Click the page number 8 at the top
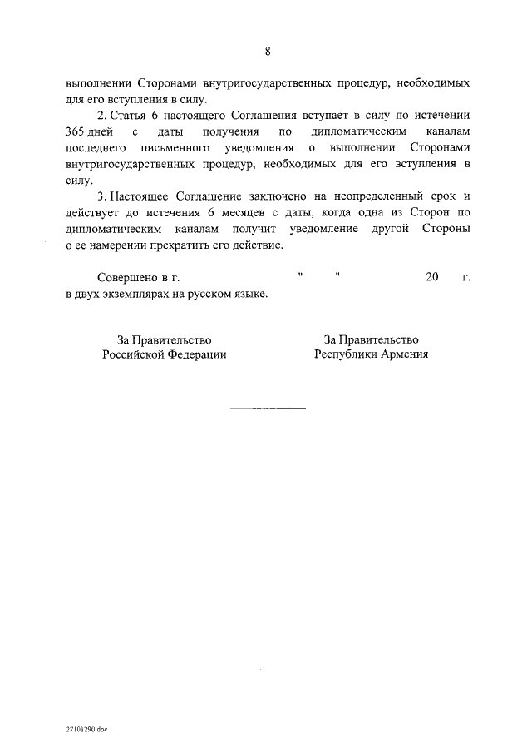click(x=268, y=52)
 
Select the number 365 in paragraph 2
click(x=76, y=132)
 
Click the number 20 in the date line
click(x=431, y=278)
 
